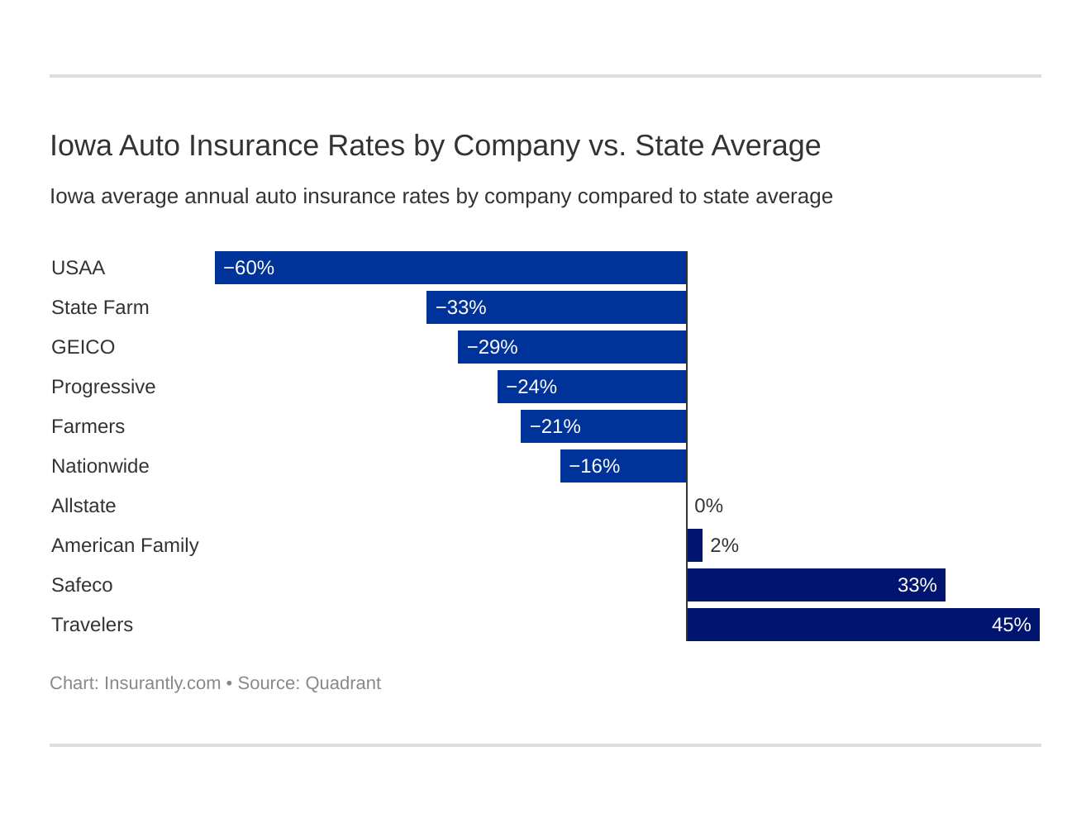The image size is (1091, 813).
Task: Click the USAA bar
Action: coord(450,268)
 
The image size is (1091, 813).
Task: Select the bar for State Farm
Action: coord(556,307)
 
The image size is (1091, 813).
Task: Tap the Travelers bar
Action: coord(863,625)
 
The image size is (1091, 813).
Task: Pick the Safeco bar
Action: coord(816,585)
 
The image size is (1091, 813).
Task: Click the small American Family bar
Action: coord(695,545)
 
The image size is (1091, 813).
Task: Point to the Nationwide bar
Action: coord(623,466)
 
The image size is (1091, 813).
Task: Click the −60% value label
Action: coord(249,268)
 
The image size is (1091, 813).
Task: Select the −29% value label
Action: coord(492,347)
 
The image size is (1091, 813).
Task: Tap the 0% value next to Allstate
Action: coord(708,506)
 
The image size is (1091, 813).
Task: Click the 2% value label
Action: coord(724,545)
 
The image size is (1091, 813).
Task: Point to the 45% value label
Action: coord(1011,625)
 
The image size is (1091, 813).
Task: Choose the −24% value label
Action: coord(531,387)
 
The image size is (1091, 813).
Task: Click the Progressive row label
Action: coord(103,387)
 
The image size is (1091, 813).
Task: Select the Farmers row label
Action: coord(88,426)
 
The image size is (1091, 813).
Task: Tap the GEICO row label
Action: coord(83,347)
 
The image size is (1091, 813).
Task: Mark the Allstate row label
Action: coord(83,506)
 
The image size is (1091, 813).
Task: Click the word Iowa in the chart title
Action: coord(80,145)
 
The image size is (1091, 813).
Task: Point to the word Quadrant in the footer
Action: coord(343,683)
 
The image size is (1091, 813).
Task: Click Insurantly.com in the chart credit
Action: coord(162,683)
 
